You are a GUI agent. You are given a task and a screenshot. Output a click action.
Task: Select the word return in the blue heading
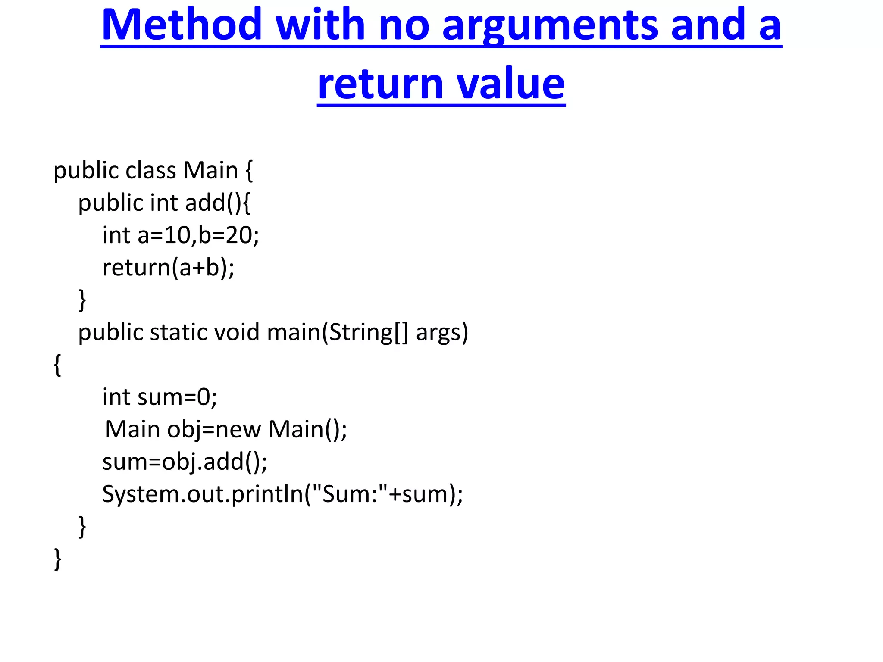tap(380, 84)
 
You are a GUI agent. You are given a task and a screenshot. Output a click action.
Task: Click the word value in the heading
tap(510, 84)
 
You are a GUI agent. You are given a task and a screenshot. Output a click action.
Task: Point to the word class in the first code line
tap(151, 171)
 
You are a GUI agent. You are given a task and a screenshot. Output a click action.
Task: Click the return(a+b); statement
tap(168, 268)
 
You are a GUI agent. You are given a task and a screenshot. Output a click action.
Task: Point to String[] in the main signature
tap(368, 333)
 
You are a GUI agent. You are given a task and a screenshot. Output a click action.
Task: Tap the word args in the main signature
tap(442, 333)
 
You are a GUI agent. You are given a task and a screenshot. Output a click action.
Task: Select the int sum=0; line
tap(160, 397)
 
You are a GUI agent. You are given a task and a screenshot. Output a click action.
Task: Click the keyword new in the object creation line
tap(238, 430)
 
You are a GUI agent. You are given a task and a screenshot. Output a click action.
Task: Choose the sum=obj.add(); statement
tap(185, 462)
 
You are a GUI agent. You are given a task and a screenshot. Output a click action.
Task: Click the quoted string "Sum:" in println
tap(349, 494)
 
